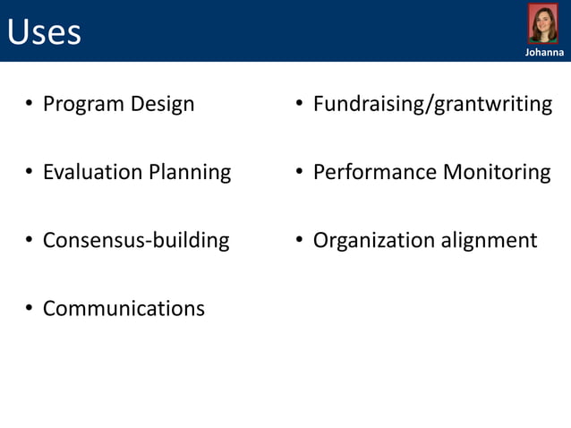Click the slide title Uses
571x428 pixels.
(44, 32)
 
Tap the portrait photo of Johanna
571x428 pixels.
(542, 24)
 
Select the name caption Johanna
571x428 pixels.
(543, 53)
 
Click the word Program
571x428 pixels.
(83, 105)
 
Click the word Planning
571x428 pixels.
(190, 172)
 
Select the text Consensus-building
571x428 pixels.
(136, 240)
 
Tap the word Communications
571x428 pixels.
(124, 309)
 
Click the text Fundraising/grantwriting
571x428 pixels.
(432, 105)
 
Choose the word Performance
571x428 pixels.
(375, 172)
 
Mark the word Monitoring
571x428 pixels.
(497, 172)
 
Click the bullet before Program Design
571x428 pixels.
(29, 106)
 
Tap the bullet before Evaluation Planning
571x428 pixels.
(29, 173)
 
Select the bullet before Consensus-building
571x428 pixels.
(29, 241)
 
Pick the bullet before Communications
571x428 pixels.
(29, 310)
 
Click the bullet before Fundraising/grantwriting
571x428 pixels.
(299, 106)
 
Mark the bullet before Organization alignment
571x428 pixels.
(299, 241)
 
